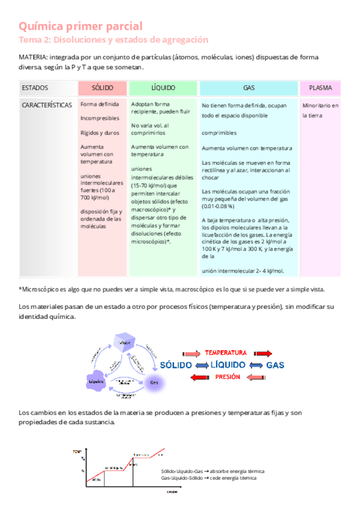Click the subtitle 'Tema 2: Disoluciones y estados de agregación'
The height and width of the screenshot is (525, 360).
tap(113, 40)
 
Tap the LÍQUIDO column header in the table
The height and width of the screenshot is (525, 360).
tap(163, 88)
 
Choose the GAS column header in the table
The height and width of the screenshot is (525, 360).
tap(249, 88)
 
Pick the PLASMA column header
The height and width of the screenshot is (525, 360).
tap(320, 88)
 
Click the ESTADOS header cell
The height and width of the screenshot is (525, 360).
tap(35, 88)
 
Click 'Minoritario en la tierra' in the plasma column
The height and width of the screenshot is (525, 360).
tap(320, 110)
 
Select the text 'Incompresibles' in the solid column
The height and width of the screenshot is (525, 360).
tap(99, 118)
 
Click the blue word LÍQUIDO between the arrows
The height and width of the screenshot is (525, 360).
tap(228, 365)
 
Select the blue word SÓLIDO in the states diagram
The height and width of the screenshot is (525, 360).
tap(176, 365)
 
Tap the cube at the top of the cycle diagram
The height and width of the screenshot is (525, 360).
tap(125, 344)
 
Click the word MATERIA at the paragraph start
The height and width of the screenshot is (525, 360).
tap(33, 57)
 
